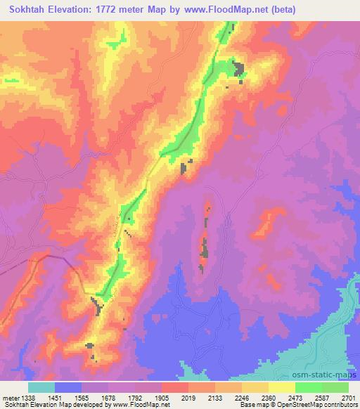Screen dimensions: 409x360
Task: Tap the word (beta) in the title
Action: (x=279, y=10)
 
